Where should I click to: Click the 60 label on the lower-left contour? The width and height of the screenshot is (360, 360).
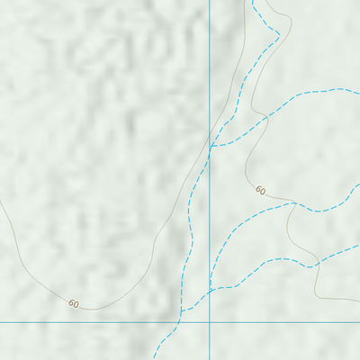[x=74, y=304]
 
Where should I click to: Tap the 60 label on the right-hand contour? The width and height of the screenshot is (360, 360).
[x=260, y=190]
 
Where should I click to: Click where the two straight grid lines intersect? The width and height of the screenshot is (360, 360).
[x=210, y=321]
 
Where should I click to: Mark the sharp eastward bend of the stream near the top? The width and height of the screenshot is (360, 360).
[x=279, y=35]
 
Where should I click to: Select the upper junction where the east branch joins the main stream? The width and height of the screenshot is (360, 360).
[x=212, y=145]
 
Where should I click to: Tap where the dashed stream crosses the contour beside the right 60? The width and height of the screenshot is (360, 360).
[x=294, y=202]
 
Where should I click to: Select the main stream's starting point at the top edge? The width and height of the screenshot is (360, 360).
[x=253, y=1]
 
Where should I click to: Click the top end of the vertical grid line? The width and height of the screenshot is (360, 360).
[x=210, y=1]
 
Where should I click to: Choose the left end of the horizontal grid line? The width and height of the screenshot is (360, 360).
[x=1, y=321]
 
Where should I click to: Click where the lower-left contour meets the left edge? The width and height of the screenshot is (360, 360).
[x=1, y=201]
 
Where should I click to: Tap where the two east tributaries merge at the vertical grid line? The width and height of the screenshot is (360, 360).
[x=210, y=290]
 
